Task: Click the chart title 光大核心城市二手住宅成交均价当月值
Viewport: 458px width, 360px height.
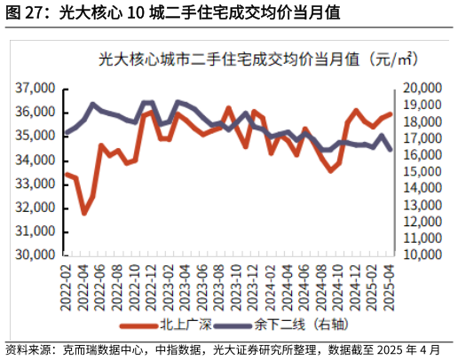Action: pyautogui.click(x=257, y=60)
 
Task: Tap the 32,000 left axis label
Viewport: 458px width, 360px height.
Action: pyautogui.click(x=36, y=207)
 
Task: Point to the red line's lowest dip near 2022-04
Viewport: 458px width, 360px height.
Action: pyautogui.click(x=84, y=213)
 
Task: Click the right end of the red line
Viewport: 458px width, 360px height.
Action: pyautogui.click(x=391, y=113)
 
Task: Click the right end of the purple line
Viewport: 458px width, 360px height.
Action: pyautogui.click(x=391, y=149)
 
